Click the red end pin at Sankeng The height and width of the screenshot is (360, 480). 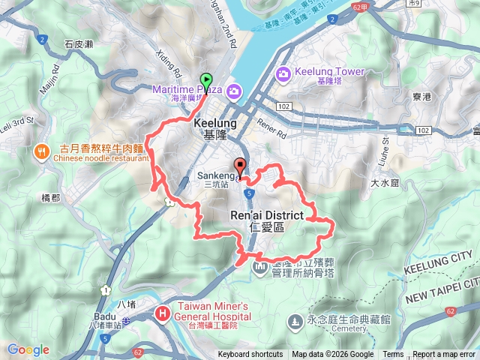pos(240,166)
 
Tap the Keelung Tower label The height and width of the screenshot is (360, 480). pos(329,72)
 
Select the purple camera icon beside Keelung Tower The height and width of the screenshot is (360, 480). pos(283,73)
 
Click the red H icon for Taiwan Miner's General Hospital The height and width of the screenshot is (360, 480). pos(163,313)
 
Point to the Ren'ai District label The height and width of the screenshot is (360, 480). pos(266,215)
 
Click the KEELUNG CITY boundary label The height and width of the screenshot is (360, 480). pos(442,262)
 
